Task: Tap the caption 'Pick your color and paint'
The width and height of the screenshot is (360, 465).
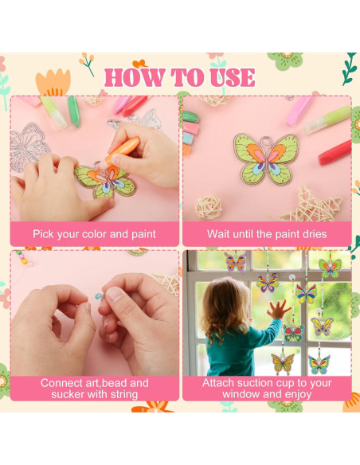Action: pyautogui.click(x=94, y=234)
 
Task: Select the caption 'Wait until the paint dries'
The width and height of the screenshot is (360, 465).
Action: pyautogui.click(x=267, y=234)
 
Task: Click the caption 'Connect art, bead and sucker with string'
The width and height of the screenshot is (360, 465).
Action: pyautogui.click(x=94, y=388)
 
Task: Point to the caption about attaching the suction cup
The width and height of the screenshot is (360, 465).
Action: pyautogui.click(x=267, y=388)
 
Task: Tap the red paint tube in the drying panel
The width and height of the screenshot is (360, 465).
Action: pyautogui.click(x=335, y=152)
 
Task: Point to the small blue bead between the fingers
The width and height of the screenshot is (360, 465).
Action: pyautogui.click(x=99, y=295)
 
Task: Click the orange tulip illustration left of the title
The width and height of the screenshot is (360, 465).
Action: pyautogui.click(x=54, y=82)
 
